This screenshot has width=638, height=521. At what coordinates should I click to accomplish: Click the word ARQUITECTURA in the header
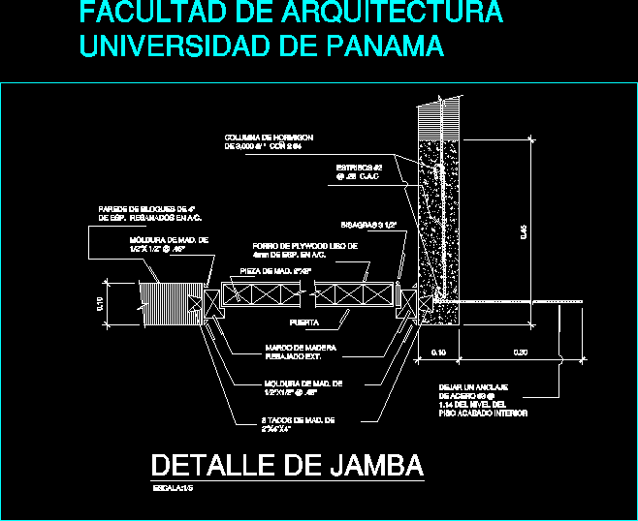click(393, 14)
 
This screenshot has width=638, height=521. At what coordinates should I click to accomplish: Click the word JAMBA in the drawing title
click(371, 466)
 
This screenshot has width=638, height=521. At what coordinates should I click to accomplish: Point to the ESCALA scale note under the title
click(175, 489)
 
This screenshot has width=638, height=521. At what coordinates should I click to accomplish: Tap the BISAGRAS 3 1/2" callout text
click(369, 225)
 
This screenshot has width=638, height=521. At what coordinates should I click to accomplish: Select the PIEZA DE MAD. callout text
click(274, 272)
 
